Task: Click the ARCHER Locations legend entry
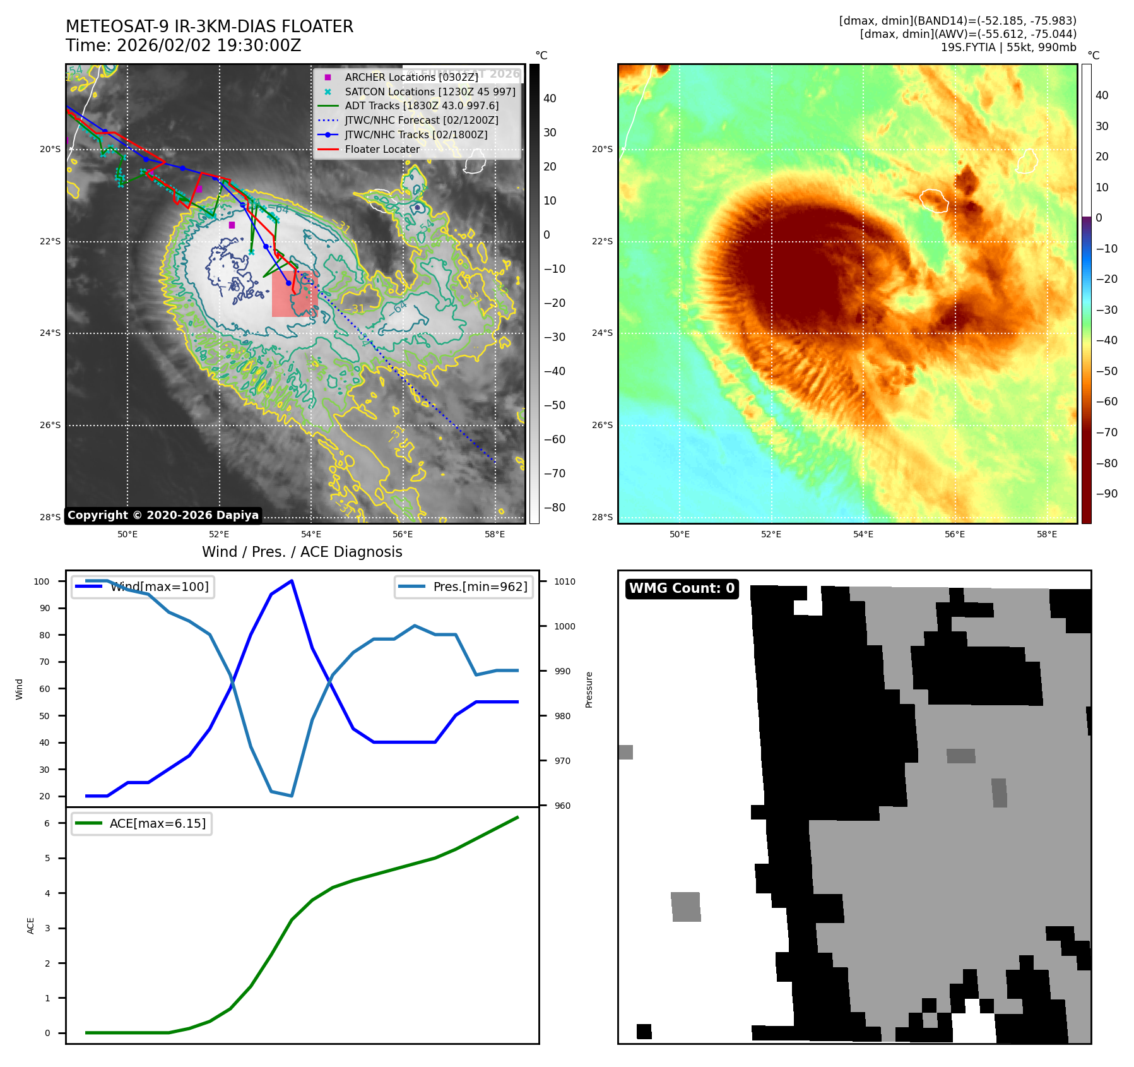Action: pyautogui.click(x=411, y=77)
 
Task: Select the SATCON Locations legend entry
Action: pyautogui.click(x=430, y=92)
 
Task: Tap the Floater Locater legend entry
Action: pyautogui.click(x=382, y=149)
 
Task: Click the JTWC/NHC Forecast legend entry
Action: pyautogui.click(x=422, y=120)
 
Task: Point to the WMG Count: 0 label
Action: pyautogui.click(x=682, y=588)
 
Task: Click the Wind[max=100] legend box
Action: pyautogui.click(x=143, y=587)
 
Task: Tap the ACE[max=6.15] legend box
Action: pyautogui.click(x=141, y=823)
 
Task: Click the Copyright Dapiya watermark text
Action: pyautogui.click(x=163, y=515)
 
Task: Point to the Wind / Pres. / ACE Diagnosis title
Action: pyautogui.click(x=302, y=552)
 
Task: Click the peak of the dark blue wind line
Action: pyautogui.click(x=292, y=581)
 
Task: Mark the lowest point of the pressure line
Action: pyautogui.click(x=292, y=796)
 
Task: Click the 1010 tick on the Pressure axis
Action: pyautogui.click(x=565, y=581)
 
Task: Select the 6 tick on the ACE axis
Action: pyautogui.click(x=47, y=823)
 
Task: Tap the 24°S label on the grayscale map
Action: pyautogui.click(x=50, y=333)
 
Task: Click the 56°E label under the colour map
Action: pyautogui.click(x=955, y=534)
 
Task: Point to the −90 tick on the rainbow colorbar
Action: pyautogui.click(x=1106, y=494)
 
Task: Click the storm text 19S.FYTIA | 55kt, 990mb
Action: pyautogui.click(x=1008, y=47)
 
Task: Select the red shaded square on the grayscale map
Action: pyautogui.click(x=294, y=294)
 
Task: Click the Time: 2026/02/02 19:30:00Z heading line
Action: pyautogui.click(x=183, y=45)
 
